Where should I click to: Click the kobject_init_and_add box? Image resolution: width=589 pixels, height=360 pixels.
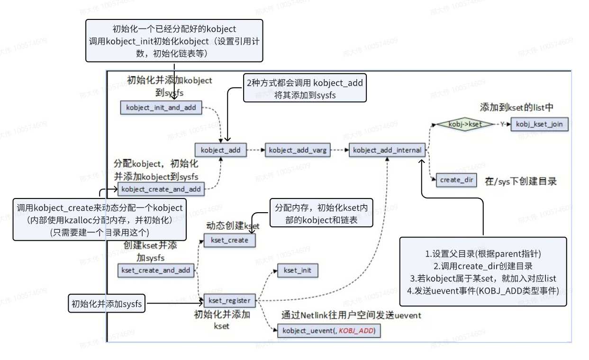click(x=161, y=108)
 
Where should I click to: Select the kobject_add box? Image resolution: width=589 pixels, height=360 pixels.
click(x=220, y=150)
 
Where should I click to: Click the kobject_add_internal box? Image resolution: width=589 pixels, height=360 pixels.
click(x=388, y=150)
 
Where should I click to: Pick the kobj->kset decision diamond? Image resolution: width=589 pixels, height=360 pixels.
click(x=459, y=124)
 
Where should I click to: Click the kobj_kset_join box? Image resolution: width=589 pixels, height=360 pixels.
click(x=539, y=124)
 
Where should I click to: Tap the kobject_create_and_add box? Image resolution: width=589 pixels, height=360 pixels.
click(x=162, y=189)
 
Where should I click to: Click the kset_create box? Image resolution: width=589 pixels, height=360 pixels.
click(x=229, y=240)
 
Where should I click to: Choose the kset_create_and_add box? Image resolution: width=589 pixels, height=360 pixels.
click(x=156, y=270)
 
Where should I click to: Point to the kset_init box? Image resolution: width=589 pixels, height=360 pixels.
click(x=298, y=270)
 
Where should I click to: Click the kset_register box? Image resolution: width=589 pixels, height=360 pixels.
click(x=229, y=300)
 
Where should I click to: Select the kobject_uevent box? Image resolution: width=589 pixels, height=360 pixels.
click(x=328, y=331)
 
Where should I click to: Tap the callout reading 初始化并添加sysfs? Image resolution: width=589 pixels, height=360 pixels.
click(x=106, y=303)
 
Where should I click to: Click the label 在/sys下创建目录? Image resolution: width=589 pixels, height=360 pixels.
click(x=520, y=181)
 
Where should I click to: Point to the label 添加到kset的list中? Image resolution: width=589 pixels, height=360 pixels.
click(x=516, y=107)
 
